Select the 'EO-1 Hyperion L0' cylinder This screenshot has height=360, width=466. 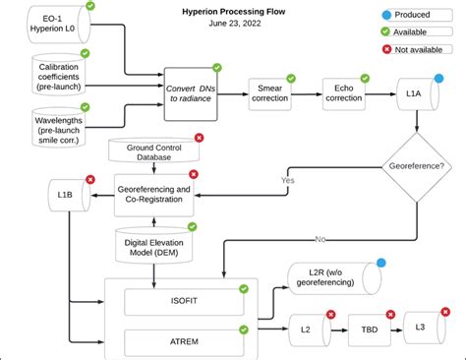58,28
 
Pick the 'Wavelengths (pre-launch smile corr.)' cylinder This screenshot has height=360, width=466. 58,125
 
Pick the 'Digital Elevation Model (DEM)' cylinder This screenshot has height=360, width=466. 153,247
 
